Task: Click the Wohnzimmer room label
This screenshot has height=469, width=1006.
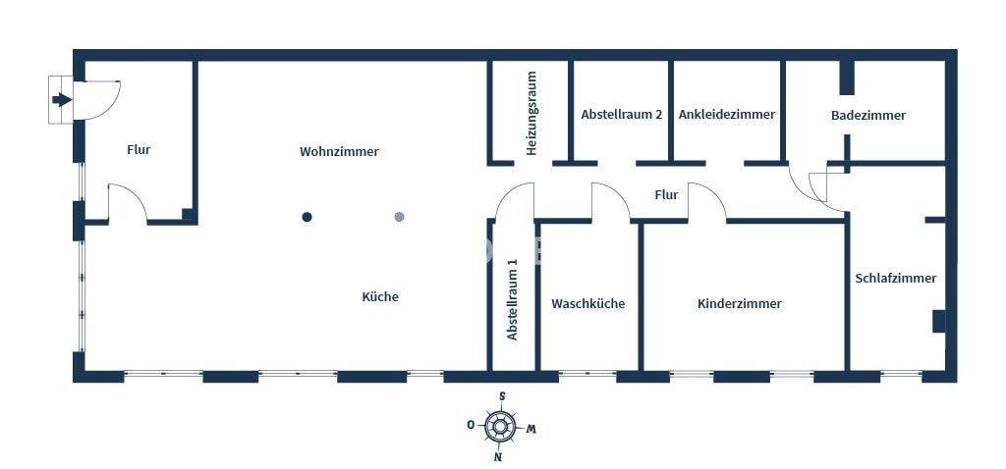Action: coord(339,152)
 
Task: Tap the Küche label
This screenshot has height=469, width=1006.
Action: coord(380,296)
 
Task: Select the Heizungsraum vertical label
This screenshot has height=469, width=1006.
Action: coord(531,113)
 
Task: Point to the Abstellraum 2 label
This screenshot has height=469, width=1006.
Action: coord(621,114)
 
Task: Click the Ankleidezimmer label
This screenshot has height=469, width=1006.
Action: coord(727,114)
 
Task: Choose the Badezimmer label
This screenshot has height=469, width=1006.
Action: coord(868,115)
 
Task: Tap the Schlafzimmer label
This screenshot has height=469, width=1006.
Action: coord(896,278)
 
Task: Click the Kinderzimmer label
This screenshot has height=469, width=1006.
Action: coord(740,303)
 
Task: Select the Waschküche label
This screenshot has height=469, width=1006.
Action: coord(588,303)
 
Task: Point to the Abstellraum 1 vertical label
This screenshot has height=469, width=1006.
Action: coord(512,299)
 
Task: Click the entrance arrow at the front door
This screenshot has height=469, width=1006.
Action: coord(62,99)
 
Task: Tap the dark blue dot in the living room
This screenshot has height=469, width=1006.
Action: coord(307,217)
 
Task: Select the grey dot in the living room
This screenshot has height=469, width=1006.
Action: coord(399,217)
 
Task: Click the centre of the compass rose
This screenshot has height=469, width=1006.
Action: coord(501,427)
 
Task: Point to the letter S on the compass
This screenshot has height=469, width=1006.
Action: coord(502,396)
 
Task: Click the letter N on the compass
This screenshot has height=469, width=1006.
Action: coord(498,457)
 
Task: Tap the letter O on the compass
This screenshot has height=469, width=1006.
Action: coord(472,425)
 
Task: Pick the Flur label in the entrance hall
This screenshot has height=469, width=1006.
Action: coord(139,150)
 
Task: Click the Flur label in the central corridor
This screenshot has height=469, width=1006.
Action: coord(666,194)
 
